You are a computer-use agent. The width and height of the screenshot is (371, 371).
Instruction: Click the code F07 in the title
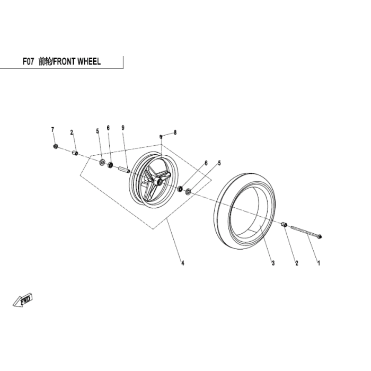[x=28, y=61]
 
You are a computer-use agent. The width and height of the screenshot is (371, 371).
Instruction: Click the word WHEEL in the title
[x=89, y=61]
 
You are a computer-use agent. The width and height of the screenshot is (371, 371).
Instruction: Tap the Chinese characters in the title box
[x=45, y=61]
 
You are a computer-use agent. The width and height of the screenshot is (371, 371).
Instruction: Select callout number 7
[x=52, y=129]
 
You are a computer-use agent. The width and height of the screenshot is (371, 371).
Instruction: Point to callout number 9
[x=122, y=128]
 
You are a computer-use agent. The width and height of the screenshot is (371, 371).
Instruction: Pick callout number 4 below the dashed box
[x=182, y=263]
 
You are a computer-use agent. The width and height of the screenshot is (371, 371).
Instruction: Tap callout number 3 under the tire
[x=273, y=263]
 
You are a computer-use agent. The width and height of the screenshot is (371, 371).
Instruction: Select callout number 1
[x=319, y=263]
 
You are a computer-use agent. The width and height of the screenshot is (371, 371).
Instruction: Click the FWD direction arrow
[x=25, y=300]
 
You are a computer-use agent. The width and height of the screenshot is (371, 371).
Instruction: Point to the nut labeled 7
[x=56, y=146]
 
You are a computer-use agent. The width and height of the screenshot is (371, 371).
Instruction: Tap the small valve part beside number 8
[x=161, y=137]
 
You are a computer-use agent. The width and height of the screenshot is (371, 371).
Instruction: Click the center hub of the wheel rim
[x=157, y=181]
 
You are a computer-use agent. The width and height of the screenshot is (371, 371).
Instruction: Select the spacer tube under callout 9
[x=123, y=170]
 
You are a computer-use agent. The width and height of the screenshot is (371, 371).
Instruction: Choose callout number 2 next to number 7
[x=72, y=132]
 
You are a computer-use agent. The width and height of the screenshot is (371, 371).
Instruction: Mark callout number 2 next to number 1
[x=296, y=263]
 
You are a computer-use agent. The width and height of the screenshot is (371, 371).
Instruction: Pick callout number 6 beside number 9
[x=108, y=128]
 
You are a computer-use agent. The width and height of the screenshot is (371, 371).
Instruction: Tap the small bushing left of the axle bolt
[x=285, y=225]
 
